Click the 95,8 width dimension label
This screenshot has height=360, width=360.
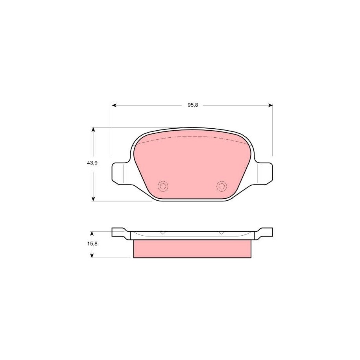click(193, 105)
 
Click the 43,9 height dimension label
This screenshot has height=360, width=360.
click(92, 163)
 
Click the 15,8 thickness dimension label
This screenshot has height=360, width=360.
click(92, 244)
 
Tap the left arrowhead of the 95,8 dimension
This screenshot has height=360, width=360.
click(114, 105)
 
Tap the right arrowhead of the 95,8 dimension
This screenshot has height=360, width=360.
click(270, 105)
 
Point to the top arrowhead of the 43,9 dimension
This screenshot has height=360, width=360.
click(93, 130)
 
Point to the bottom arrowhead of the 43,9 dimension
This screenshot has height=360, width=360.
click(93, 199)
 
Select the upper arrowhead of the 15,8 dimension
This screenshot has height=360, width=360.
click(92, 233)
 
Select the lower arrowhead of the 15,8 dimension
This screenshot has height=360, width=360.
click(92, 255)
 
